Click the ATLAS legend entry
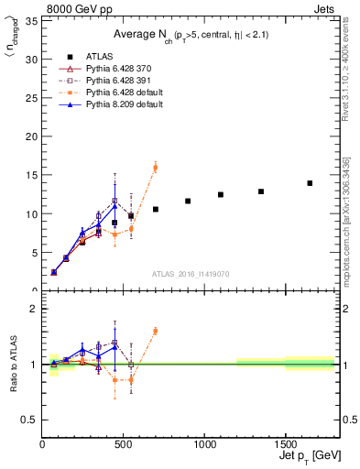98,56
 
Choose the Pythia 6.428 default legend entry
124,93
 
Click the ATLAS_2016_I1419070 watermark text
190,273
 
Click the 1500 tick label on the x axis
285,442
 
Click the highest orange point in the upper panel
155,167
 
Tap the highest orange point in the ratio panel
155,331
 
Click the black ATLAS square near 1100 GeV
221,194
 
